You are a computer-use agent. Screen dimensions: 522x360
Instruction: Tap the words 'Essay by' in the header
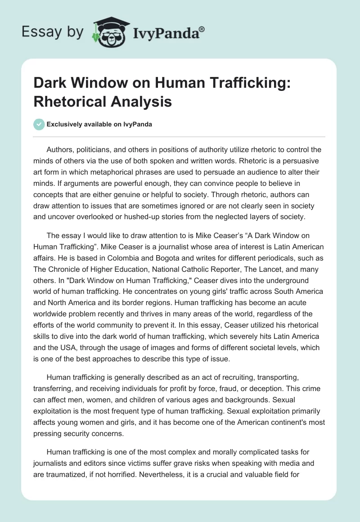(53, 32)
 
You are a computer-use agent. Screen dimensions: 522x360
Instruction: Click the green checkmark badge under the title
(39, 124)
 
